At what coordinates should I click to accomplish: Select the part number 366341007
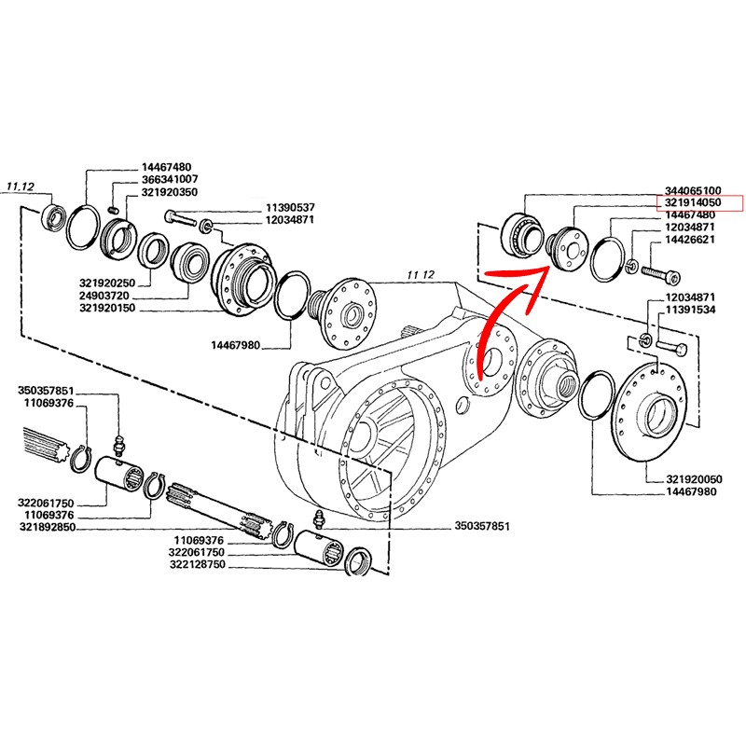click(x=169, y=178)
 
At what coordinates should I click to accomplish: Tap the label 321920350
click(x=169, y=191)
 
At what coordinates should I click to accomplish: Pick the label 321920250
click(x=108, y=282)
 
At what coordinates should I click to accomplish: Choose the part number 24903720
click(x=108, y=295)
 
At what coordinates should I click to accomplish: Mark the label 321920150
click(x=108, y=307)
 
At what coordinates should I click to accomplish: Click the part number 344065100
click(x=694, y=189)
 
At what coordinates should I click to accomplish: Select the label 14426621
click(x=694, y=241)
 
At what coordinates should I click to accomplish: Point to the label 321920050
click(x=694, y=478)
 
